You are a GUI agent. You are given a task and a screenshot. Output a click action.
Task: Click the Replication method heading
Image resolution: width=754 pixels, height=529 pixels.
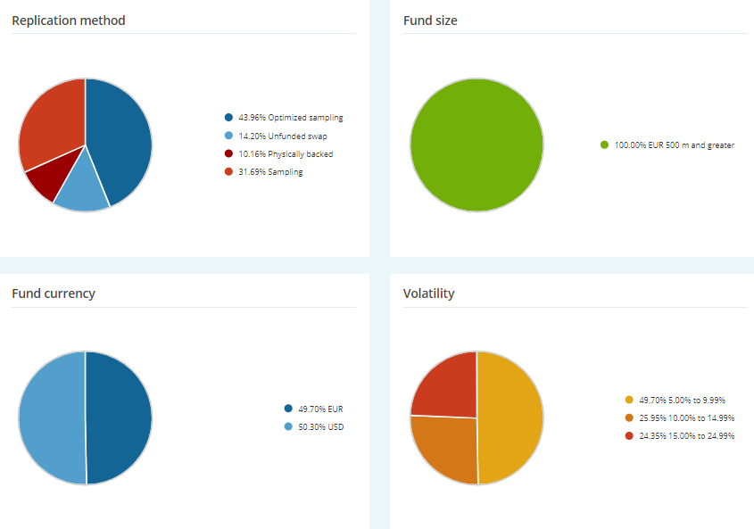[69, 20]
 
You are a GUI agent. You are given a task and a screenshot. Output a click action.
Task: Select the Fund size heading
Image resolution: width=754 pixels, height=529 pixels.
[430, 20]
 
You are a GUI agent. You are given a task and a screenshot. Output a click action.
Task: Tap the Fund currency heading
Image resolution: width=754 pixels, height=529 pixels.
[54, 293]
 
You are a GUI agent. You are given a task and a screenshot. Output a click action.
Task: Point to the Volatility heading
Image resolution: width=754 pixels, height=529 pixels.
[428, 293]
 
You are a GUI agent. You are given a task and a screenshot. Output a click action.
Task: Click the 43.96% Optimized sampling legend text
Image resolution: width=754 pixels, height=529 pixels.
[290, 118]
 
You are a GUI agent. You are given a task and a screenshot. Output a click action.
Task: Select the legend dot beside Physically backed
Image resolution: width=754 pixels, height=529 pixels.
[229, 153]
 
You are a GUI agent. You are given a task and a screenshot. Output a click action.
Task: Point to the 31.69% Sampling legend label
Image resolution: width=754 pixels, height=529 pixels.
[270, 172]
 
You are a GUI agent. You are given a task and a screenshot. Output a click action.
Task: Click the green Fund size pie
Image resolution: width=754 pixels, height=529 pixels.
[476, 145]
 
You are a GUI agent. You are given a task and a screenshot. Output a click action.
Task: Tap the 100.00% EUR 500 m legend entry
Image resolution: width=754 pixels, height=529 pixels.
[674, 145]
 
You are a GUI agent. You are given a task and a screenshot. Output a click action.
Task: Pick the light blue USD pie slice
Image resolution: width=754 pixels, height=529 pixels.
[51, 417]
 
